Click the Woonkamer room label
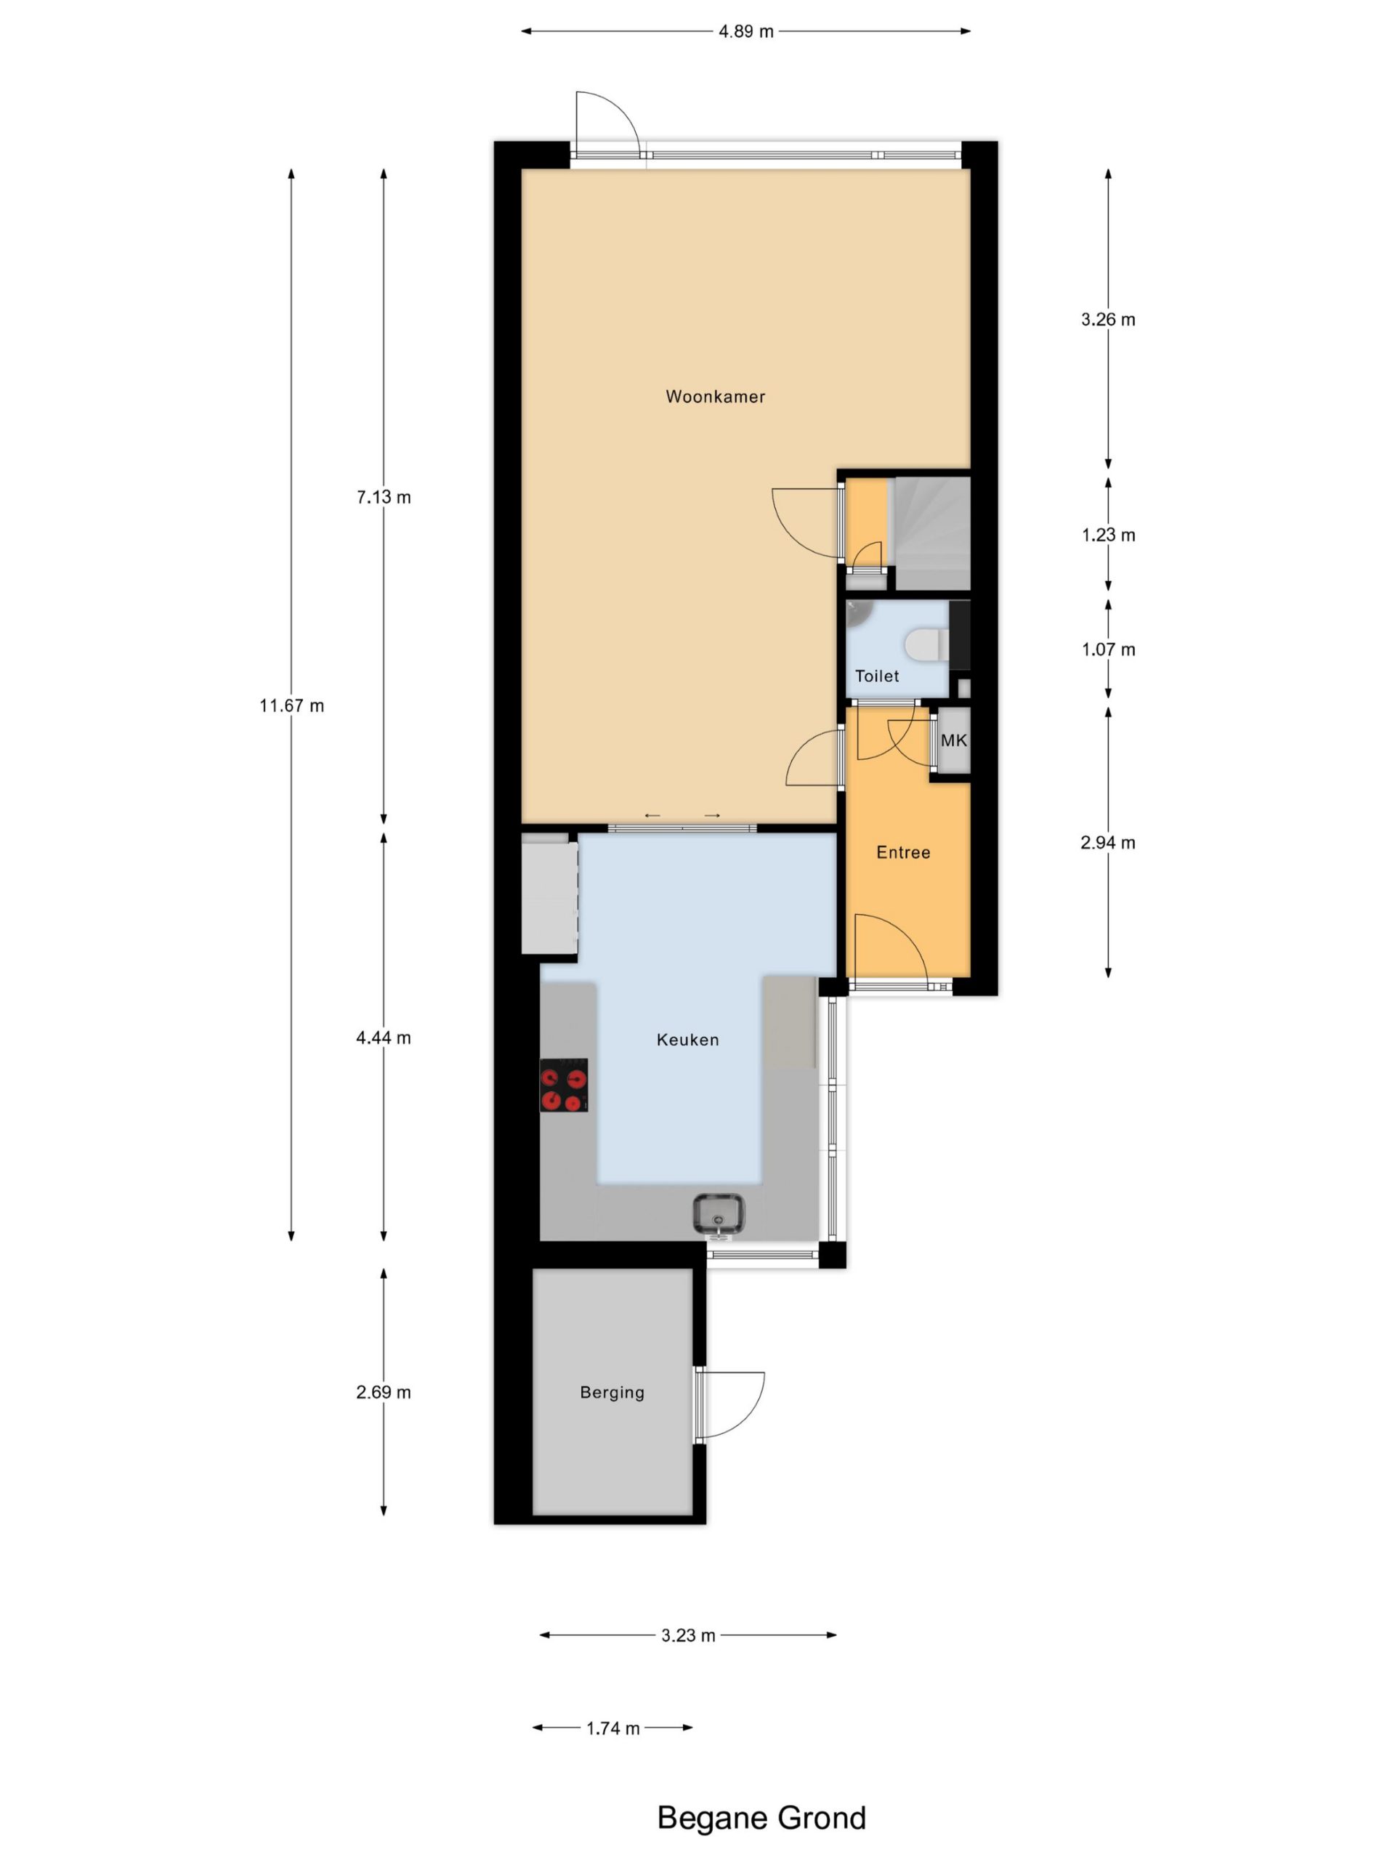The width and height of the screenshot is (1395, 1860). coord(715,396)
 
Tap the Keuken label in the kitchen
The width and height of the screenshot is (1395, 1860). coord(688,1040)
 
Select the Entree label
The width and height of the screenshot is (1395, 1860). coord(903,853)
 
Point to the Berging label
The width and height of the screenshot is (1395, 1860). coord(612,1393)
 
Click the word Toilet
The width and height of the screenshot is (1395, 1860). coord(877,676)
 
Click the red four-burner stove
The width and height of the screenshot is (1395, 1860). coord(563,1085)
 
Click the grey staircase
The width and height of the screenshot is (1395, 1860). coord(932,533)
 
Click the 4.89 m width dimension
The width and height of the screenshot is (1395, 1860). coord(746,32)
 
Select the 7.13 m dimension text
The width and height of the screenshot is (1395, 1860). coord(384,497)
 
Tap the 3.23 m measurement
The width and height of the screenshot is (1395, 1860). coord(688,1635)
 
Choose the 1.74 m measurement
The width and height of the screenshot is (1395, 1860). coord(613,1728)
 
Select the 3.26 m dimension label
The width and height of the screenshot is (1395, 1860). coord(1108,320)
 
